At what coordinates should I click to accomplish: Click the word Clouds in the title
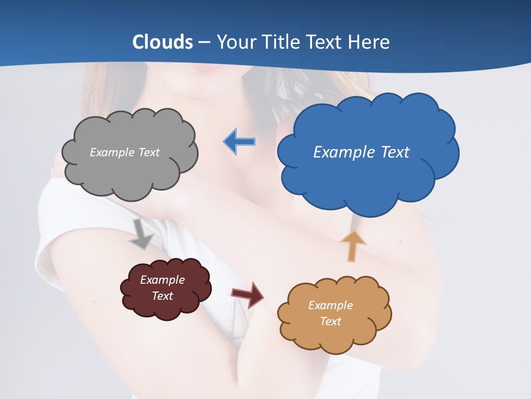tap(163, 42)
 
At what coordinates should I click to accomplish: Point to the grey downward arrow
tap(142, 233)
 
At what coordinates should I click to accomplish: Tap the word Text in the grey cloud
tap(148, 152)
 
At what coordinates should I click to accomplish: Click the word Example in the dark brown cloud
tap(162, 280)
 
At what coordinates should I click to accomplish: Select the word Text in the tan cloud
tap(330, 321)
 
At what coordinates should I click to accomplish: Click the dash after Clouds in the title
tap(204, 43)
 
